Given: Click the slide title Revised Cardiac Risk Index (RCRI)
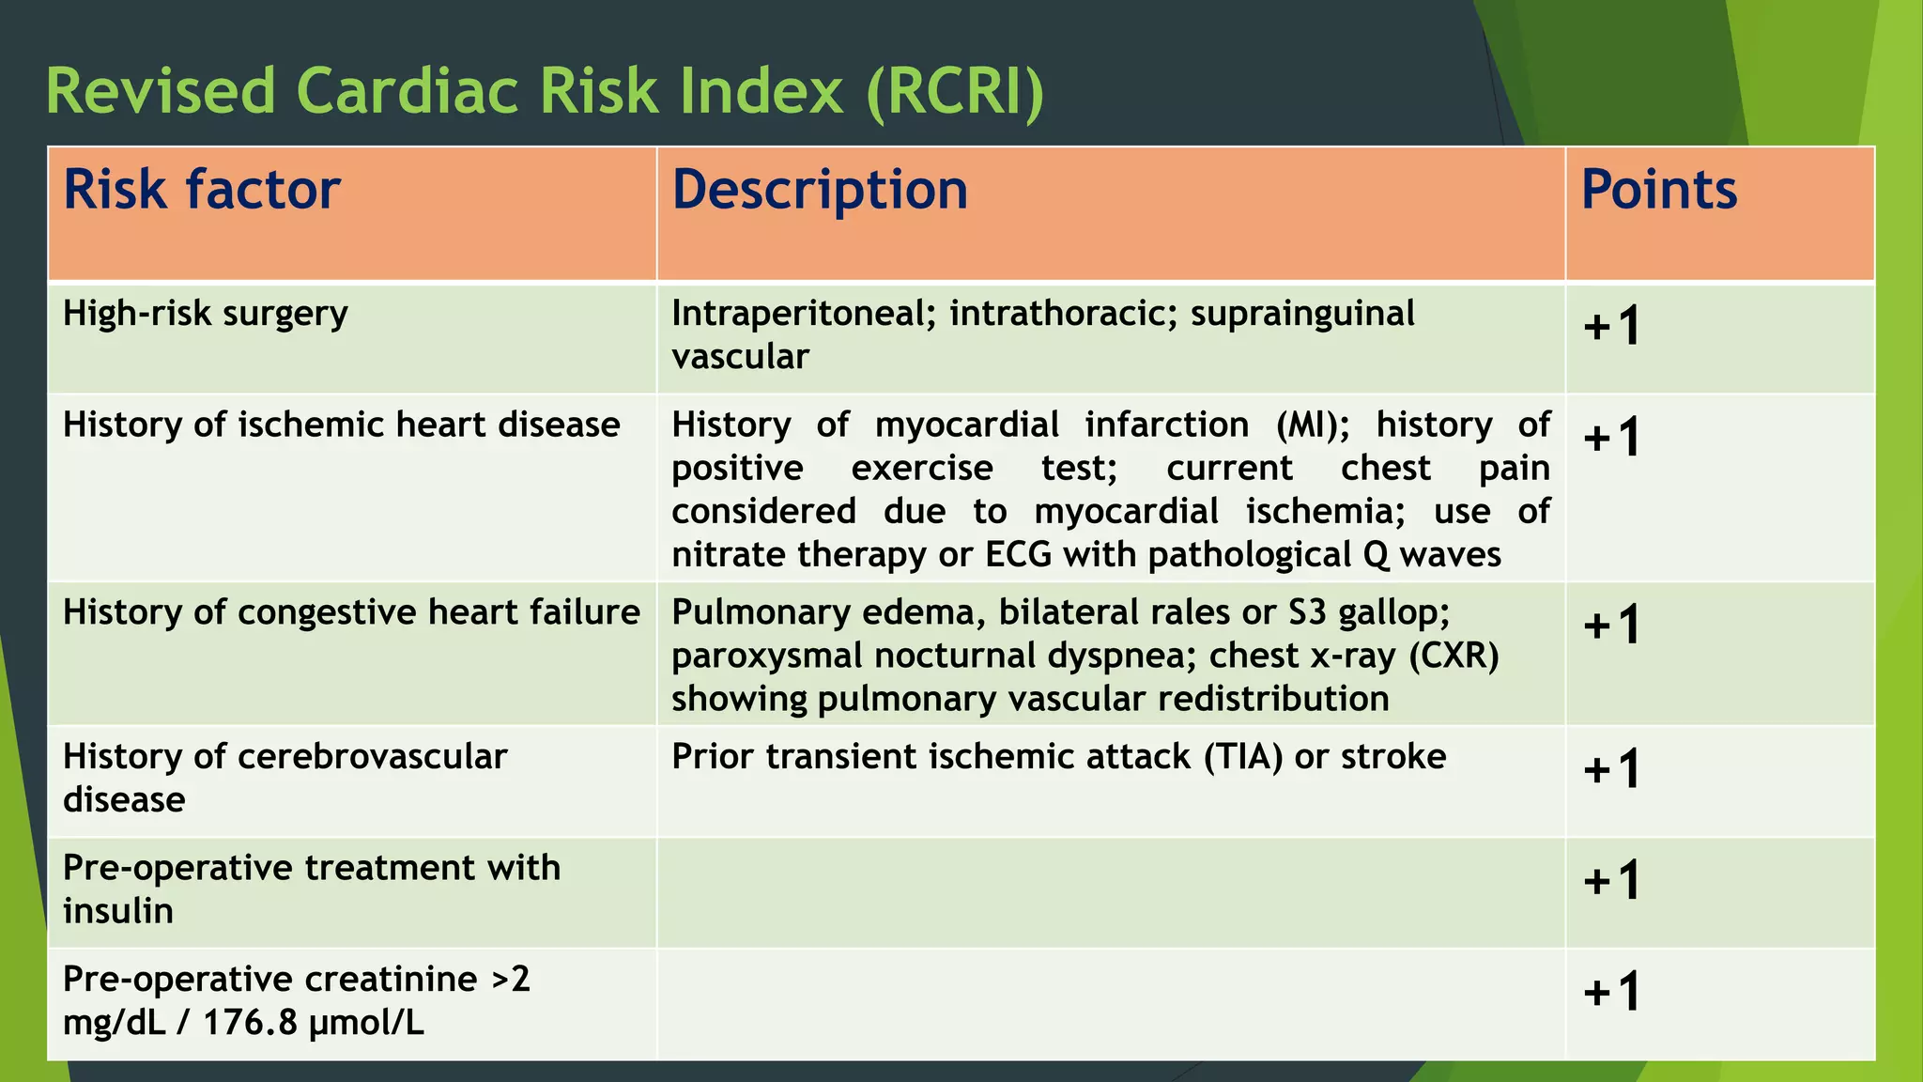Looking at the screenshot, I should [x=545, y=92].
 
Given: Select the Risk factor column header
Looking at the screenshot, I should [x=201, y=190].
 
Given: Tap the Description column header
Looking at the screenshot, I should [x=820, y=190].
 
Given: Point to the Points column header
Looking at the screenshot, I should [x=1659, y=190].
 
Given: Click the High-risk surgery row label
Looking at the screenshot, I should [x=205, y=314].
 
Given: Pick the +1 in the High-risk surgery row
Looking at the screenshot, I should [x=1612, y=327].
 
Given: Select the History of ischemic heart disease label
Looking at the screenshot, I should [x=341, y=425].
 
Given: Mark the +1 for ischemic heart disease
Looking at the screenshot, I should [x=1612, y=438].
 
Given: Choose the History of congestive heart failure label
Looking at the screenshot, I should [x=351, y=612].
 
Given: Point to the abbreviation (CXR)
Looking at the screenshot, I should [x=1454, y=656].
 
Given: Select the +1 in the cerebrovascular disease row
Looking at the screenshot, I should [x=1612, y=770].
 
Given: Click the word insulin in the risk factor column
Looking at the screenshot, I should [x=118, y=911].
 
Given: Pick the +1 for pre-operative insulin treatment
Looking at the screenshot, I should [x=1612, y=881].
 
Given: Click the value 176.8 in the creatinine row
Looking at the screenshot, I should [x=249, y=1022].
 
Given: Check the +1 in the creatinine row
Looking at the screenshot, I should [x=1612, y=992].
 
